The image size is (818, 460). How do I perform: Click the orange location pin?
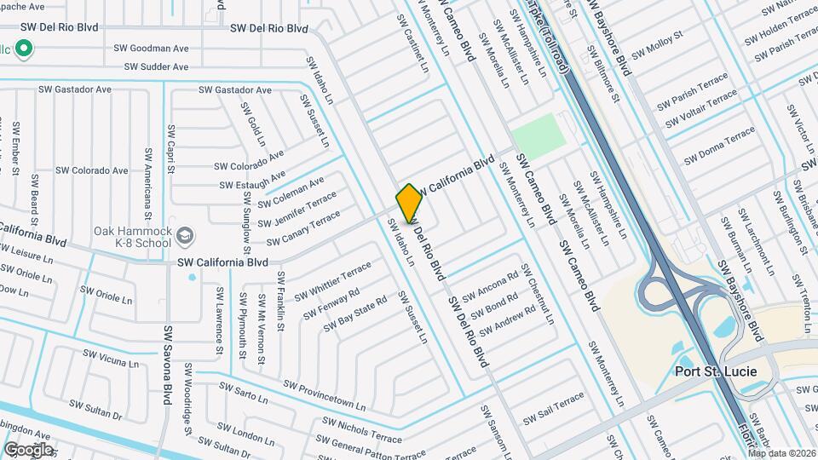tap(409, 204)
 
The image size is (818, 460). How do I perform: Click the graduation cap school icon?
tap(184, 234)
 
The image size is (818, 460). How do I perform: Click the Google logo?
tap(27, 450)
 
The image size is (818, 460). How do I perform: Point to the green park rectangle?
tap(539, 134)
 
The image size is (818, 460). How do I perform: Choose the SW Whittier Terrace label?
tap(333, 281)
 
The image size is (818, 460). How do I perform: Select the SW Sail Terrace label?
tap(554, 408)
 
